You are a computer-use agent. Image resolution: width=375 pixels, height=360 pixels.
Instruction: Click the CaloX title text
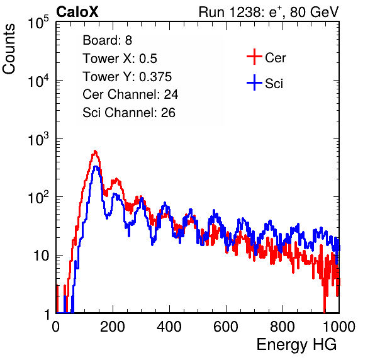77,12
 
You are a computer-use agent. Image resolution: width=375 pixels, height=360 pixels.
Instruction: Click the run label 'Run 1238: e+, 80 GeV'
269,12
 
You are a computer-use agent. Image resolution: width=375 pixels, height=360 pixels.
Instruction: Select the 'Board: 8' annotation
107,40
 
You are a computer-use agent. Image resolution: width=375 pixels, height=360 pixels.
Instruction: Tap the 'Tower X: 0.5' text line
120,59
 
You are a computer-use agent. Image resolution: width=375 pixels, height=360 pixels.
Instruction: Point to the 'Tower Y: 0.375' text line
127,77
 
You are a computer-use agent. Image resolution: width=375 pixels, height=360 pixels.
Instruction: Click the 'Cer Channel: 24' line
130,94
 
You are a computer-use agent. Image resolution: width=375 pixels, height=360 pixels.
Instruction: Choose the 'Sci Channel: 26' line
129,113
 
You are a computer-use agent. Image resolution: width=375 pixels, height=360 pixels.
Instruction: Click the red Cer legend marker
254,57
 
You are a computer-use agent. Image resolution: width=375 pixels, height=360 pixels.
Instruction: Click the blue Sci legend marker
254,82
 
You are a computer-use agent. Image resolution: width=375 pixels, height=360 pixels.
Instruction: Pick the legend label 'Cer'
275,58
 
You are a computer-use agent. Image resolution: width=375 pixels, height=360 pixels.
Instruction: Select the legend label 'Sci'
274,84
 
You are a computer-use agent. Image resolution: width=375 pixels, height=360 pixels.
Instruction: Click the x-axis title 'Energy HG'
296,345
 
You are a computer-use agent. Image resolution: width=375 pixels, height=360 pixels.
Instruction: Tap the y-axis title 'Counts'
9,49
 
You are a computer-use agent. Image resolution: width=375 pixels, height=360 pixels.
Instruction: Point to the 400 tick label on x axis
169,326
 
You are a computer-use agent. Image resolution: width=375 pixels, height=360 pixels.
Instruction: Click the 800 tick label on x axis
283,326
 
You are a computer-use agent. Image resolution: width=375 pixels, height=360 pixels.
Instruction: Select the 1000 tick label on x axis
339,326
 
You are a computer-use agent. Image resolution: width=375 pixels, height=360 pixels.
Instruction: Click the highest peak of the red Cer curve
95,151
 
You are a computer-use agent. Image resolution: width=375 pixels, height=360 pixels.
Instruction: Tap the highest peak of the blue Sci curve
96,167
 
